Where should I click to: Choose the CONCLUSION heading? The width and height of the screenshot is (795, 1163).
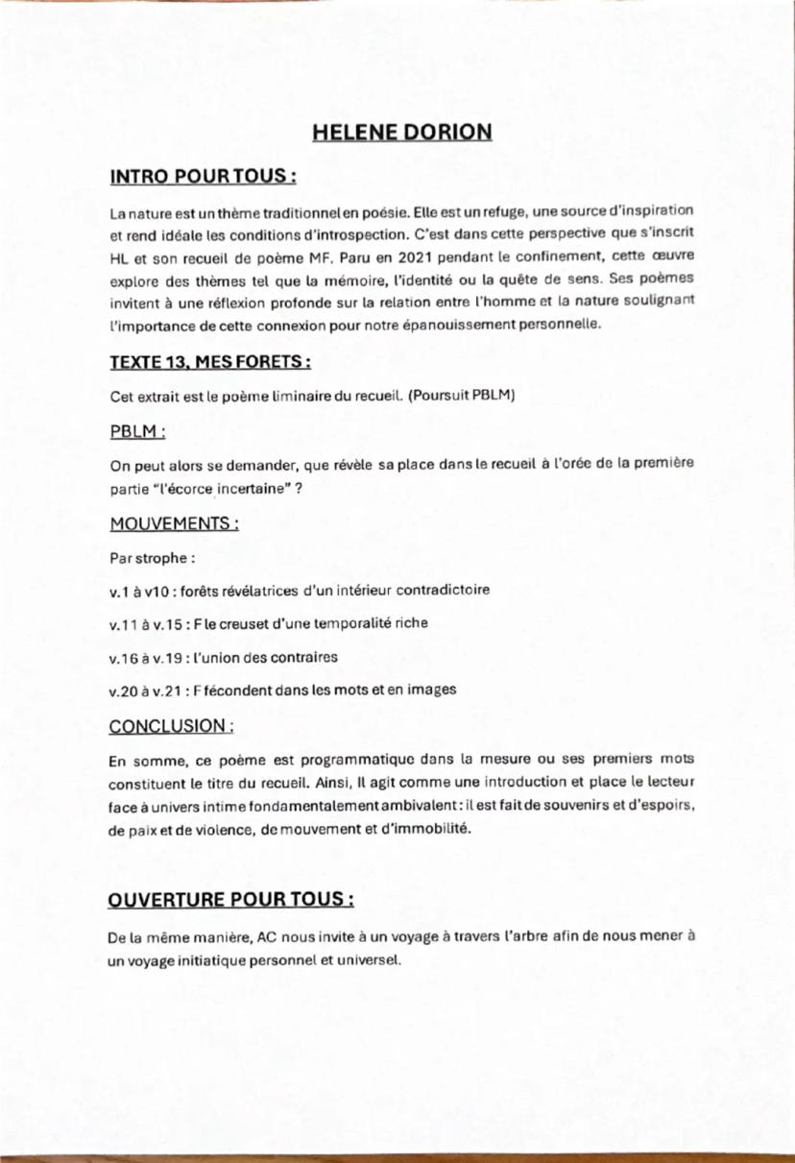coord(172,725)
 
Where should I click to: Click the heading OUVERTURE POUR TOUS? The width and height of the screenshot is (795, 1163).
coord(232,901)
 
